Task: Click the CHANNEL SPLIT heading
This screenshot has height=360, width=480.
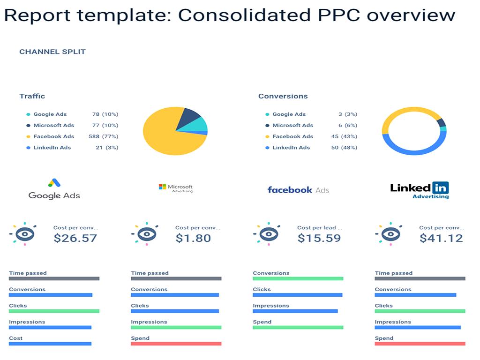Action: pyautogui.click(x=52, y=52)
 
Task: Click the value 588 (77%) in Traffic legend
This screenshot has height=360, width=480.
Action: pyautogui.click(x=103, y=136)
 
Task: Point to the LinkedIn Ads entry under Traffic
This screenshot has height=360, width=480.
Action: pyautogui.click(x=52, y=148)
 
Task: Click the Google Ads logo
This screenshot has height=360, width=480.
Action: pyautogui.click(x=54, y=189)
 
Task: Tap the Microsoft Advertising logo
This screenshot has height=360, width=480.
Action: pyautogui.click(x=176, y=188)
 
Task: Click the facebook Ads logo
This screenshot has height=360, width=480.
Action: pyautogui.click(x=298, y=190)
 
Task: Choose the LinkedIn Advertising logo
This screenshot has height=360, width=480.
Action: pyautogui.click(x=420, y=190)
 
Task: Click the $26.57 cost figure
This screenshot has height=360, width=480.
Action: pyautogui.click(x=75, y=238)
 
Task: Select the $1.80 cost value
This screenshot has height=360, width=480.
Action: pyautogui.click(x=193, y=238)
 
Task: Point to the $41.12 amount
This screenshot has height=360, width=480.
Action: pyautogui.click(x=441, y=238)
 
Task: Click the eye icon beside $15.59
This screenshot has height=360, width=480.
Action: pyautogui.click(x=267, y=233)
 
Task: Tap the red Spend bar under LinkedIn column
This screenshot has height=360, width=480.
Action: pyautogui.click(x=420, y=344)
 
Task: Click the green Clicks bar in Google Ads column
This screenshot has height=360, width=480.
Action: pyautogui.click(x=54, y=311)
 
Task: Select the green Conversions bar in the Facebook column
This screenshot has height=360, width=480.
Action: pyautogui.click(x=298, y=278)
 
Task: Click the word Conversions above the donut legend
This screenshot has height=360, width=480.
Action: pyautogui.click(x=283, y=96)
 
